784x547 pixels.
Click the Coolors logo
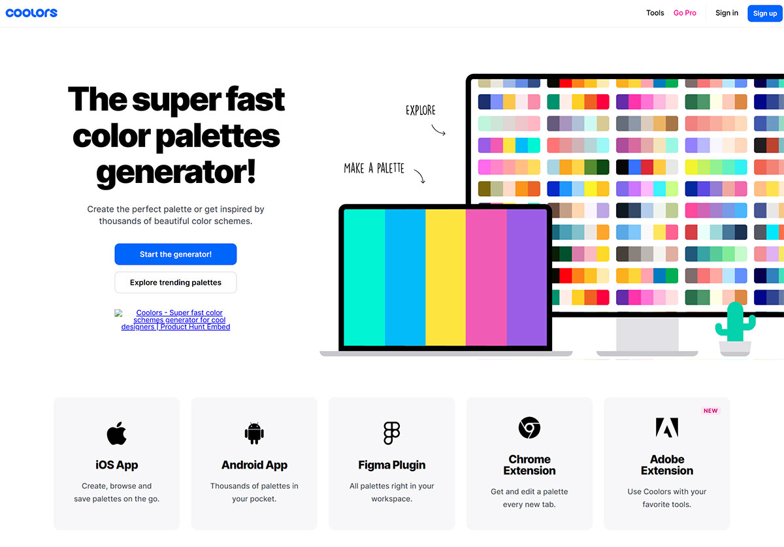click(x=31, y=12)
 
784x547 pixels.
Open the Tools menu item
click(x=655, y=13)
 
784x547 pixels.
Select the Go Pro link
click(x=685, y=13)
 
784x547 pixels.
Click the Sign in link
click(x=727, y=13)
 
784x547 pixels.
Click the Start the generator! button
click(x=175, y=254)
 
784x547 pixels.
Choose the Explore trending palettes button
click(x=175, y=282)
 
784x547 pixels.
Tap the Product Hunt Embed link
click(x=175, y=320)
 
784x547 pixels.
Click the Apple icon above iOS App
click(x=116, y=433)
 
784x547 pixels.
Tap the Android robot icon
click(x=254, y=433)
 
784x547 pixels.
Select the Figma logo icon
click(x=391, y=433)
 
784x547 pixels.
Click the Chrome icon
click(x=529, y=427)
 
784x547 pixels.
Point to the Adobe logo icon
click(x=666, y=427)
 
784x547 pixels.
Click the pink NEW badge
click(x=710, y=411)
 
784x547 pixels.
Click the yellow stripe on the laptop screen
click(x=446, y=277)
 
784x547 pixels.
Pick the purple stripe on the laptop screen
click(x=527, y=277)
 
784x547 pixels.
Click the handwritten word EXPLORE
click(x=420, y=110)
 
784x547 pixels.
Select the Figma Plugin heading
click(x=391, y=465)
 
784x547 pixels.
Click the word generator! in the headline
click(x=176, y=171)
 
